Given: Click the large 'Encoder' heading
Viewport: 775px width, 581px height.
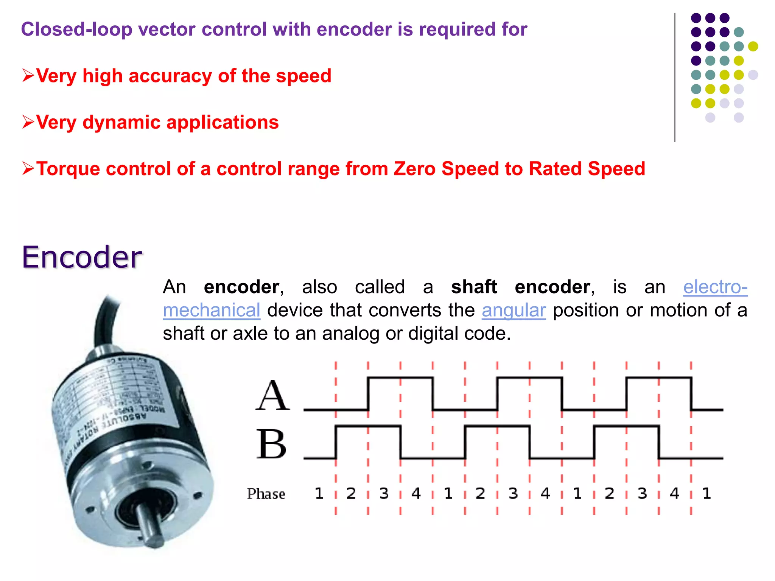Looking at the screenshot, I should tap(82, 257).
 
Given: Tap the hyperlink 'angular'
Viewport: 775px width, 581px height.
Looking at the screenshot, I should tap(514, 311).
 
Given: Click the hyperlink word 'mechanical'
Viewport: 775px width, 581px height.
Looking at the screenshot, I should tap(212, 311).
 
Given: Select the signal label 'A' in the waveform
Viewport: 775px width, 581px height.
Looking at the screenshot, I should tap(272, 396).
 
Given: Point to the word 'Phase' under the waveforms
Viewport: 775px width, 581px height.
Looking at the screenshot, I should tap(266, 494).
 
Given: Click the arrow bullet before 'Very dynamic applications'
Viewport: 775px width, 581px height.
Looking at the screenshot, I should tap(28, 122).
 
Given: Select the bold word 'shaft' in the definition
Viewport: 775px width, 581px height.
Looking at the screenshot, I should tap(474, 287).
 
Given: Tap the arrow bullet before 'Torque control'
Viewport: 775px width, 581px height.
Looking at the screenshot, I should tap(28, 168).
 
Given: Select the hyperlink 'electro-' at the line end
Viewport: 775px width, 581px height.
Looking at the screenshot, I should tap(715, 287).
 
